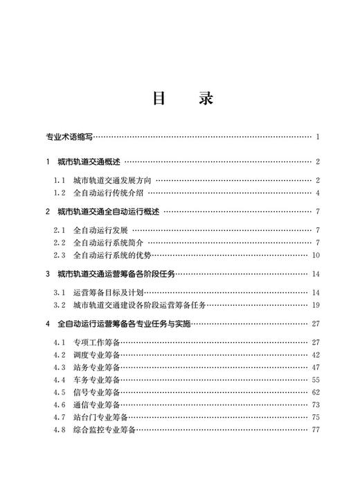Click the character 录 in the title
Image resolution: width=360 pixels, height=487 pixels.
tap(204, 98)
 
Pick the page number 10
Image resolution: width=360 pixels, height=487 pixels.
tap(315, 255)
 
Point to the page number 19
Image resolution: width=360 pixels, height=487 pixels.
tap(315, 305)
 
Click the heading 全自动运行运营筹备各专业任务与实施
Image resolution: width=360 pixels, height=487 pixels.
tap(123, 324)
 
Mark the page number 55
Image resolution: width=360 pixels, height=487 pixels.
tap(315, 380)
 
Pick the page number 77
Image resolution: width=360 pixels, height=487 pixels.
tap(315, 430)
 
